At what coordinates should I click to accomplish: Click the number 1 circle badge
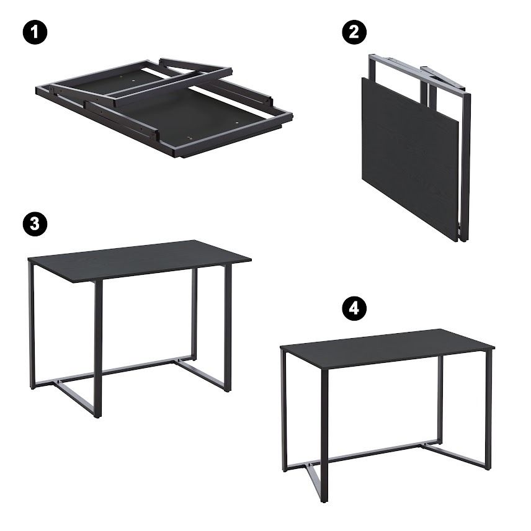pos(35,32)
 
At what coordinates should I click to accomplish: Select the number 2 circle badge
pos(354,32)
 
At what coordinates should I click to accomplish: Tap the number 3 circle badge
pos(35,224)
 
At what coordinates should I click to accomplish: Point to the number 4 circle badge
pos(354,308)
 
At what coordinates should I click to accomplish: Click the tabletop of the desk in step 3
pos(140,260)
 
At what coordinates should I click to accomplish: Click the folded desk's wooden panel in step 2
pos(410,159)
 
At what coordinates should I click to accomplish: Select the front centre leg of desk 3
pos(98,349)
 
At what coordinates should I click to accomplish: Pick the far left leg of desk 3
pos(32,326)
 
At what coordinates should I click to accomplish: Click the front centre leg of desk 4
pos(324,436)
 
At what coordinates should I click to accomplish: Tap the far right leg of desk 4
pos(488,410)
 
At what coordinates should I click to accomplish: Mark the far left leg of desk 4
pos(285,411)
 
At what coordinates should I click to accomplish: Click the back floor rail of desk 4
pos(362,455)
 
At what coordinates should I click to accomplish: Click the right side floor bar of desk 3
pos(200,375)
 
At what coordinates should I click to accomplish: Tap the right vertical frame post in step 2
pos(466,166)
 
